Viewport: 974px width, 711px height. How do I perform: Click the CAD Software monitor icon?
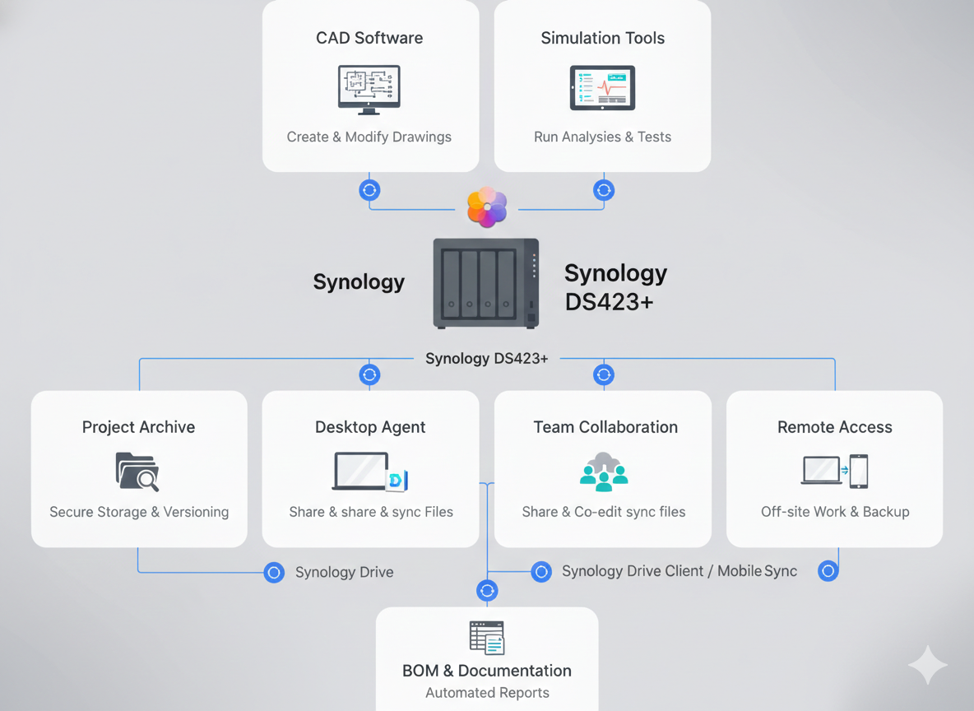click(x=369, y=89)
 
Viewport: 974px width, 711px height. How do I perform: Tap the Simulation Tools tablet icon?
click(x=602, y=88)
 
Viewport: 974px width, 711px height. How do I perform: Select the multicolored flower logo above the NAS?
click(x=487, y=207)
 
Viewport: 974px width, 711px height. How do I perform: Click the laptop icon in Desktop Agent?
click(x=361, y=472)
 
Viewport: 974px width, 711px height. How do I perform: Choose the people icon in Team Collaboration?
click(x=604, y=472)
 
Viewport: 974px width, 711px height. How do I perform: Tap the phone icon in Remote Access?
click(x=859, y=472)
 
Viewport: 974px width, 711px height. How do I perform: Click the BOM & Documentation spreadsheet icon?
click(x=487, y=638)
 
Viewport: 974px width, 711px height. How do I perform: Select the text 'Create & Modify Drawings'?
click(x=369, y=137)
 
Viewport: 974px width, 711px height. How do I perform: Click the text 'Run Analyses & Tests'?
click(x=602, y=137)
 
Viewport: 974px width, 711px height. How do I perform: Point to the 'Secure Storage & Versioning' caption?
click(x=139, y=512)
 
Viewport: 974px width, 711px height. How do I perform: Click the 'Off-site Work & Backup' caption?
click(x=835, y=512)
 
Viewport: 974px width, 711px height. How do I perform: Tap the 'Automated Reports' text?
click(x=487, y=693)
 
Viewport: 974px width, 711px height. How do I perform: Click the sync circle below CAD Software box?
click(x=369, y=190)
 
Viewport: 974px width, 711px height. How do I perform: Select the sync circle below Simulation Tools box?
click(x=604, y=190)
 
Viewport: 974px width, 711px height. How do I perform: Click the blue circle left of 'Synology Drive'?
click(x=274, y=572)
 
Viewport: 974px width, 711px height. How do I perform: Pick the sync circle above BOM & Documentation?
click(x=487, y=590)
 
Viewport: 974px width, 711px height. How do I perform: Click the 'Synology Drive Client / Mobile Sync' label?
click(x=679, y=571)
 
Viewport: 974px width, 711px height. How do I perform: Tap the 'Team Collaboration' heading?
click(x=605, y=427)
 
